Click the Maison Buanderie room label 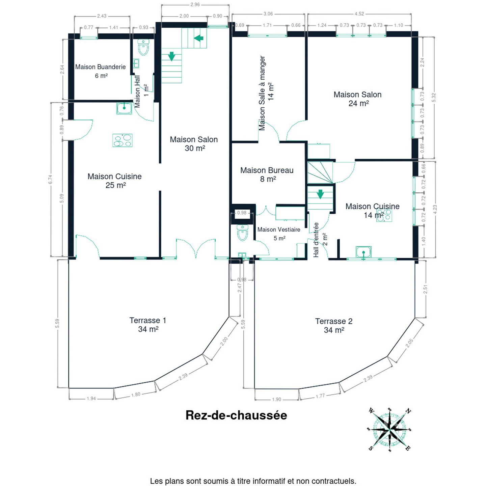[x=100, y=67]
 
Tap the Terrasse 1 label [x=148, y=320]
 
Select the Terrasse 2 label [x=334, y=321]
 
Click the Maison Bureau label [x=267, y=170]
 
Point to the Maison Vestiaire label [x=279, y=230]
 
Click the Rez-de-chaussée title [x=236, y=415]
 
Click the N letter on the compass [x=408, y=412]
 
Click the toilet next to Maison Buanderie [x=143, y=47]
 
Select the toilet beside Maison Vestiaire [x=243, y=233]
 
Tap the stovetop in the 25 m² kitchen [x=122, y=140]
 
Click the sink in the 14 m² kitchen [x=363, y=252]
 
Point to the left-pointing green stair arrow [x=199, y=38]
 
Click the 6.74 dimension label [x=50, y=179]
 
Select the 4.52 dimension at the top [x=359, y=13]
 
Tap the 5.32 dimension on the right [x=434, y=98]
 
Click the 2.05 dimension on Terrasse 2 [x=409, y=343]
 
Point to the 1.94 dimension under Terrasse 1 [x=91, y=399]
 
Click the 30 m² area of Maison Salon [x=195, y=148]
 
